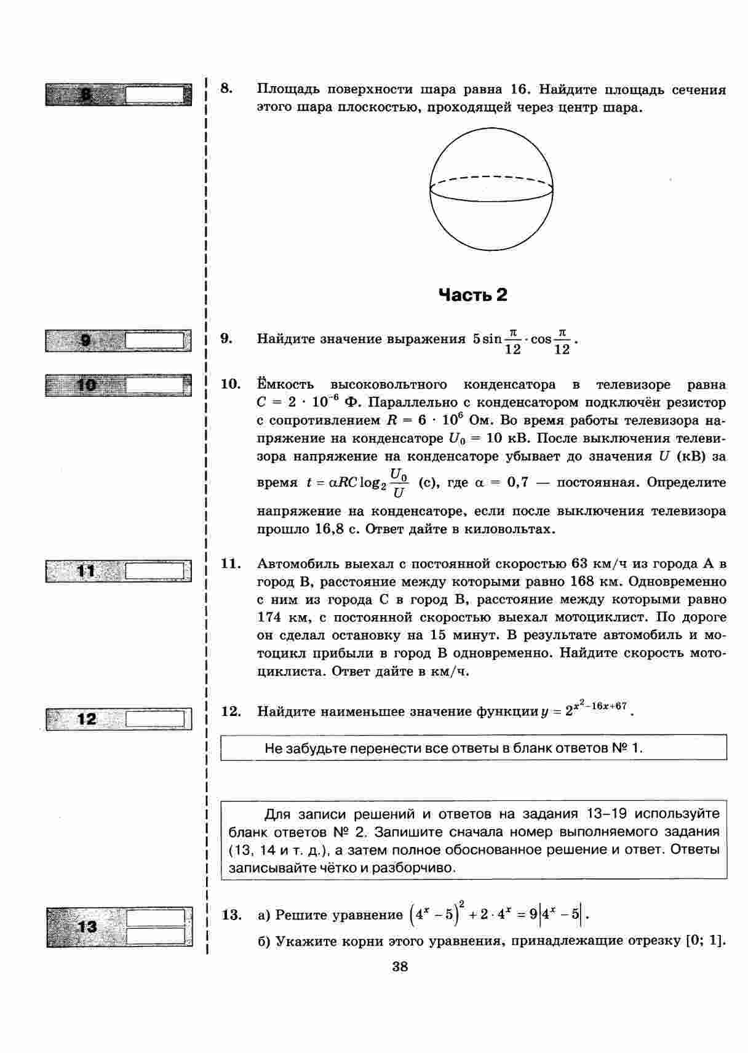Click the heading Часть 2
(473, 295)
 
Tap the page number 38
(400, 966)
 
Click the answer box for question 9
(155, 341)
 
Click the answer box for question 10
(155, 386)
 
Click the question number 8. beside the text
(226, 89)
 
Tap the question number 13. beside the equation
(231, 915)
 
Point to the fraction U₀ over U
(399, 483)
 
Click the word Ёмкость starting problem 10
(285, 384)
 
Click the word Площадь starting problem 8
(287, 89)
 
